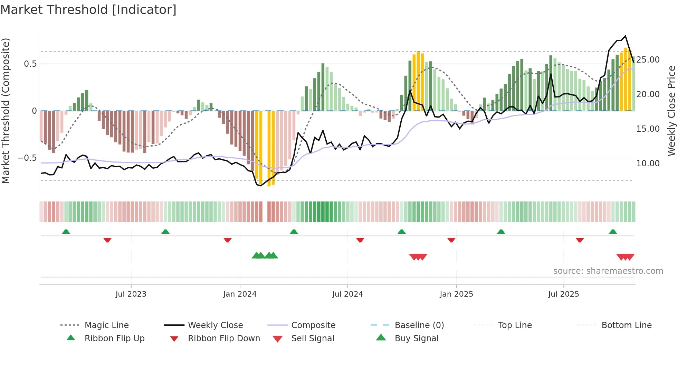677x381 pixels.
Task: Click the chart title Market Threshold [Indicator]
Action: pyautogui.click(x=88, y=10)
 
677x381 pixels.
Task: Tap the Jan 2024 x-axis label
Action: pyautogui.click(x=240, y=294)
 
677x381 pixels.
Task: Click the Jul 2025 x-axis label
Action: pyautogui.click(x=563, y=294)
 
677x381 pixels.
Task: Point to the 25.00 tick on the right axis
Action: pyautogui.click(x=648, y=60)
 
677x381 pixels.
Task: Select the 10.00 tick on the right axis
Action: pyautogui.click(x=648, y=164)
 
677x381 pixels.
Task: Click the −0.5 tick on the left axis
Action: pyautogui.click(x=27, y=158)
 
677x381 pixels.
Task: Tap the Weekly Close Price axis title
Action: pyautogui.click(x=671, y=111)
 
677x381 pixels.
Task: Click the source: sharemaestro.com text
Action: pyautogui.click(x=608, y=271)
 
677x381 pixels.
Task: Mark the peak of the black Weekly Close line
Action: pyautogui.click(x=625, y=36)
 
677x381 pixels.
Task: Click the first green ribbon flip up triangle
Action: pyautogui.click(x=66, y=232)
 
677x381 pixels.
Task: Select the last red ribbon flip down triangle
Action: pyautogui.click(x=580, y=240)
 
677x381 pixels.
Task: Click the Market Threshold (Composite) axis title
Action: pyautogui.click(x=6, y=111)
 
